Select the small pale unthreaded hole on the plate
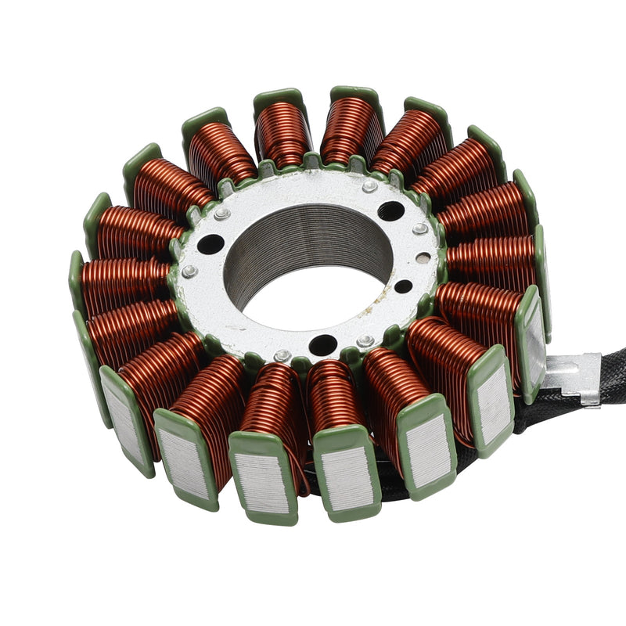coord(423,257)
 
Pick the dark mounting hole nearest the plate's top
coord(390,210)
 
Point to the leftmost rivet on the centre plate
coord(189,272)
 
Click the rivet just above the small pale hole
coord(421,228)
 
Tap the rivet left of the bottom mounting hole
coord(282,356)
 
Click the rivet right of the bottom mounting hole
coord(365,342)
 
